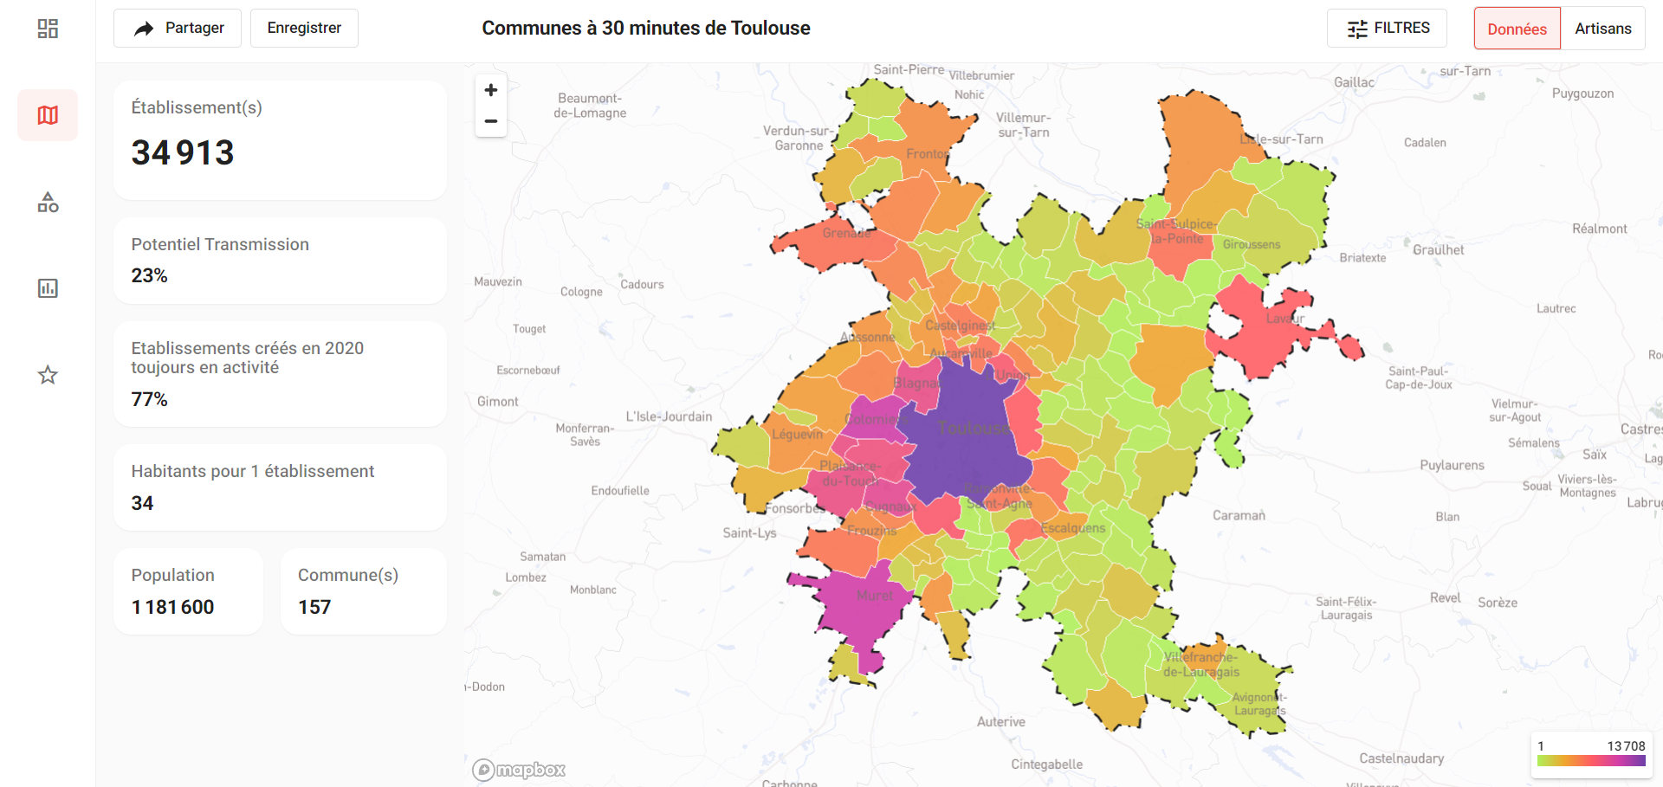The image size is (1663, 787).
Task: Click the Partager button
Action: coord(178,29)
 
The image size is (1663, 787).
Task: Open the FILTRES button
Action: coord(1387,29)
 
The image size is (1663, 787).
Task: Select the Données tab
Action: coord(1517,29)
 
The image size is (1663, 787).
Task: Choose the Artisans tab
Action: coord(1602,29)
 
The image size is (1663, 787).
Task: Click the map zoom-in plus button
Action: coord(491,90)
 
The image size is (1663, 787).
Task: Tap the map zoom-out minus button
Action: coord(491,121)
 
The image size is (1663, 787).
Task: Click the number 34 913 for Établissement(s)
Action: coord(183,153)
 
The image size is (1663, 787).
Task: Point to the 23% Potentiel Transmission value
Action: coord(149,275)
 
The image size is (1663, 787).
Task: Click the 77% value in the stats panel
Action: coord(149,399)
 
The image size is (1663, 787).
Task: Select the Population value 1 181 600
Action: coord(172,607)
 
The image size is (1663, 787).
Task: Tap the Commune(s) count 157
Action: coord(314,607)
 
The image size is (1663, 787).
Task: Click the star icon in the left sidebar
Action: coord(48,375)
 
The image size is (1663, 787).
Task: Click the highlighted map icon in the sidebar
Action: coord(48,115)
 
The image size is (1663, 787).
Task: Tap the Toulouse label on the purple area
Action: coord(973,429)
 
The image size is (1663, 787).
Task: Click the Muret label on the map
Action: coord(874,596)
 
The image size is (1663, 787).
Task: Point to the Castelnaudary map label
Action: coord(1401,758)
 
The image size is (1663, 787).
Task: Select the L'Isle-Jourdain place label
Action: coord(669,416)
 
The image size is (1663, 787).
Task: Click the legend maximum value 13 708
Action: coord(1626,746)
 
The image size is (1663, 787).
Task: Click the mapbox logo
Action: coord(519,770)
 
